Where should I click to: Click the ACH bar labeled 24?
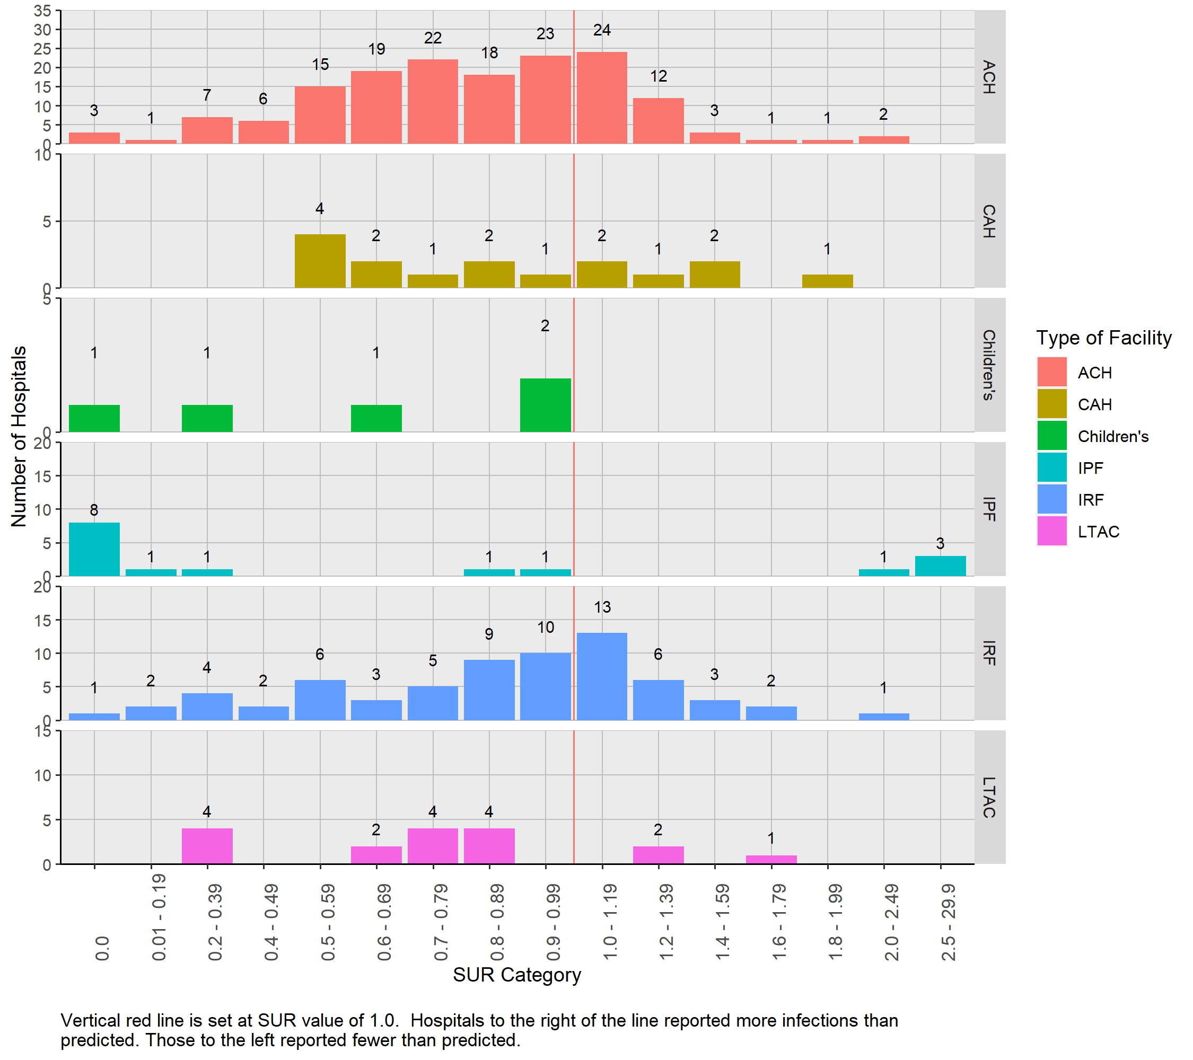[x=602, y=98]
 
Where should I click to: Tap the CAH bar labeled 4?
[x=320, y=261]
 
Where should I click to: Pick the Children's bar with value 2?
[x=545, y=405]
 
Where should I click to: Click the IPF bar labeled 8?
[x=94, y=549]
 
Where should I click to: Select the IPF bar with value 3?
[x=940, y=566]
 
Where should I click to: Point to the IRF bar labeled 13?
[x=602, y=676]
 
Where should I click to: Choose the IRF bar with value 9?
[x=489, y=690]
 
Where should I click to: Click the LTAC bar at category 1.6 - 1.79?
[x=771, y=859]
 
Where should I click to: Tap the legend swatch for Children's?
[x=1051, y=436]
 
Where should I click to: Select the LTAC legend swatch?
[x=1051, y=531]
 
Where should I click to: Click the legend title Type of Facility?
[x=1103, y=338]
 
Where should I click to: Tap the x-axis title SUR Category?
[x=516, y=975]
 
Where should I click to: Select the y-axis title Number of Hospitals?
[x=19, y=436]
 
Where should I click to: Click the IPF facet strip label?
[x=989, y=509]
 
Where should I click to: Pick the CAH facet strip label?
[x=989, y=221]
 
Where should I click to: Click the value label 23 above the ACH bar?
[x=545, y=34]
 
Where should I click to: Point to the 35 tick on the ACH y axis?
[x=42, y=11]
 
